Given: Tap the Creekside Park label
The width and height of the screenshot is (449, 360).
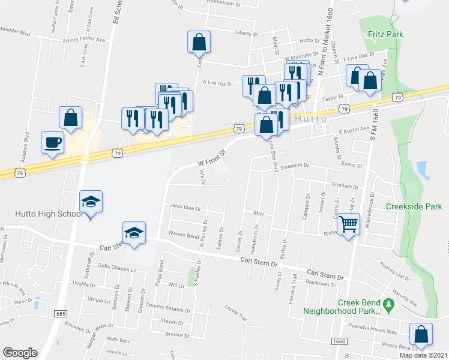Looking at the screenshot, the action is tap(414, 206).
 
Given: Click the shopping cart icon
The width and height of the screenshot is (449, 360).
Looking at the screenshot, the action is tap(348, 225).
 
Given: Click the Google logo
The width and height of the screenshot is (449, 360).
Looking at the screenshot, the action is tap(20, 353).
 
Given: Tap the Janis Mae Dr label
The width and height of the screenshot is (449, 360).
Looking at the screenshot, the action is tap(186, 209).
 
